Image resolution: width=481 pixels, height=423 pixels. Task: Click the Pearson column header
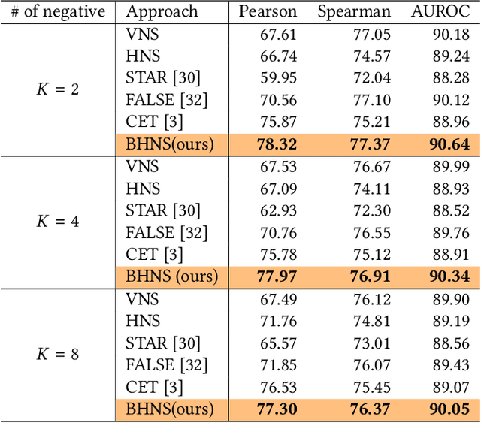pyautogui.click(x=268, y=12)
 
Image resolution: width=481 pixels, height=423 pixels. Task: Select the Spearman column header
pyautogui.click(x=352, y=12)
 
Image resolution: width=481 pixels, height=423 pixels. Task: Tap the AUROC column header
pyautogui.click(x=440, y=12)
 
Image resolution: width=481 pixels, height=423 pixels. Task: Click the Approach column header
pyautogui.click(x=162, y=12)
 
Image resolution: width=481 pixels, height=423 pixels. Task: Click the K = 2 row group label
pyautogui.click(x=58, y=89)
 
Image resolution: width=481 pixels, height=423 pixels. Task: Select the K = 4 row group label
pyautogui.click(x=58, y=222)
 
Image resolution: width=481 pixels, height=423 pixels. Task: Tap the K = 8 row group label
pyautogui.click(x=58, y=354)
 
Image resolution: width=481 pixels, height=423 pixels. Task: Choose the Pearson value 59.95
pyautogui.click(x=278, y=77)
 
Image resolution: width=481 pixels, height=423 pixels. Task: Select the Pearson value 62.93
pyautogui.click(x=278, y=210)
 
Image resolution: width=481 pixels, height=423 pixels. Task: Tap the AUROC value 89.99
pyautogui.click(x=451, y=166)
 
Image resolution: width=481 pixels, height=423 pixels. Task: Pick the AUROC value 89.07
pyautogui.click(x=451, y=387)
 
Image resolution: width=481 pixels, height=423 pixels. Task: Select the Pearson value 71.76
pyautogui.click(x=278, y=322)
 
